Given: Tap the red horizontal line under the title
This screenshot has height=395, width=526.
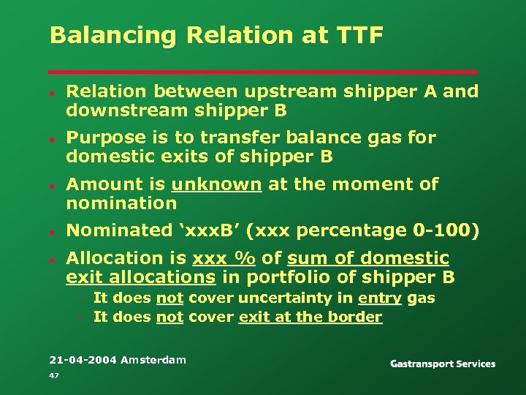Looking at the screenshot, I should [263, 72].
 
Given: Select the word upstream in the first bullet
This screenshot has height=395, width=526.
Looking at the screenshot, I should [279, 91].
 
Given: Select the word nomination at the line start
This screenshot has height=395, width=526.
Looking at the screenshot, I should [121, 203].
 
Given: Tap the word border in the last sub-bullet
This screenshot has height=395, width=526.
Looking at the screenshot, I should [357, 317].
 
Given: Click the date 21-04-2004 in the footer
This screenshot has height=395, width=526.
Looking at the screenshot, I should [83, 359].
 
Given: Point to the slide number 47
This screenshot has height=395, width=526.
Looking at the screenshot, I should [53, 375].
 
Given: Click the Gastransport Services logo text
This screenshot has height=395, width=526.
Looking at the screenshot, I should [442, 364].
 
